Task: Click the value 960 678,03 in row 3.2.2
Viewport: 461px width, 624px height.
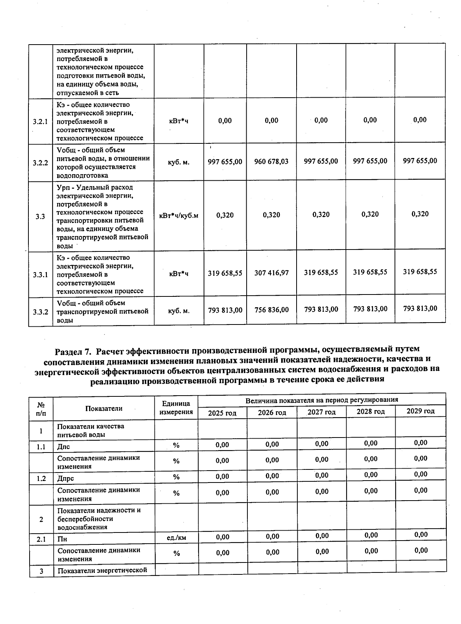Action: point(271,161)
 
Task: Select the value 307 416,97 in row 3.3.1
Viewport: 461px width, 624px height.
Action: point(271,273)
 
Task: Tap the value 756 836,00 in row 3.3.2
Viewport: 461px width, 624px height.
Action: point(271,310)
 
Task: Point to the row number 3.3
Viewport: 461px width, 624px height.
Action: point(40,216)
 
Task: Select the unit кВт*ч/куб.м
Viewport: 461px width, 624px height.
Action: point(179,215)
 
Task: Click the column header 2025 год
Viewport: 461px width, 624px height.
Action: point(222,413)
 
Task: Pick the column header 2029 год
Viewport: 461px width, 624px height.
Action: point(421,411)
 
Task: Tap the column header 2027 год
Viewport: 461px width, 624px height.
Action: point(322,412)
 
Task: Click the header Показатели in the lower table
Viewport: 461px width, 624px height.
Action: point(104,408)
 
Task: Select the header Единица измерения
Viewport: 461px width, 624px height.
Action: point(176,408)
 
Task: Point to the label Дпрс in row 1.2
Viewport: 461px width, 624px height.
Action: point(65,479)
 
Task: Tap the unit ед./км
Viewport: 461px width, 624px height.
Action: point(176,538)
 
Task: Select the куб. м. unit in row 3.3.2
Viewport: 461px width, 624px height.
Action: point(179,311)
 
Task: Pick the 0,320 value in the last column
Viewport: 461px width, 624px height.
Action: point(420,214)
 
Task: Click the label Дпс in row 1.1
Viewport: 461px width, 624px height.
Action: point(63,447)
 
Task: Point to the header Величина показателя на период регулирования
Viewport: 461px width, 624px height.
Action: point(322,400)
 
